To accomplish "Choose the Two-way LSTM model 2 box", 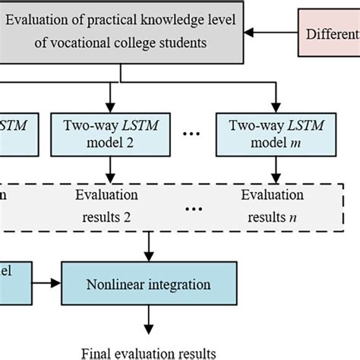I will pos(111,134).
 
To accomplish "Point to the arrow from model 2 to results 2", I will pos(111,169).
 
